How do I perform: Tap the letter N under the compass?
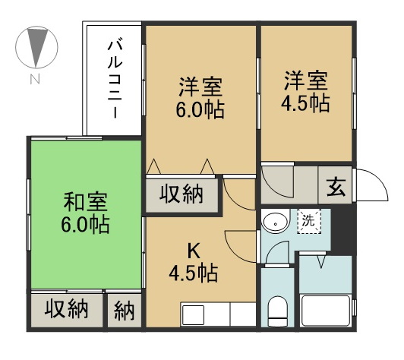36,79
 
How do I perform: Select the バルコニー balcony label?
112,79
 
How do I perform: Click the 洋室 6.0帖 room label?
201,97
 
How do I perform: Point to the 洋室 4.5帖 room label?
307,91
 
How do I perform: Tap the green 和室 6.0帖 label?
85,213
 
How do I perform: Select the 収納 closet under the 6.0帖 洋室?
181,194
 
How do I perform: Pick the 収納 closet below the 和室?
66,310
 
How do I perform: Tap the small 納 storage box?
124,311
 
